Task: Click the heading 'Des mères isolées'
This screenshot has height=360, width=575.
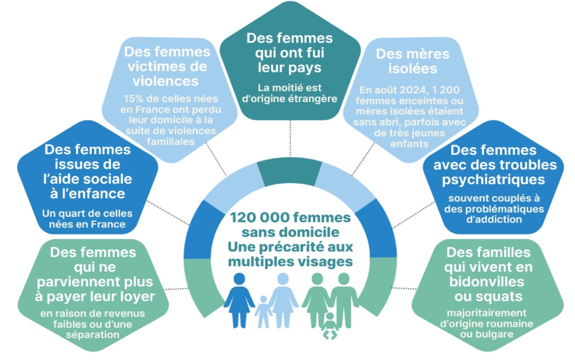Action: point(412,61)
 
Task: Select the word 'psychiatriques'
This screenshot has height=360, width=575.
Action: point(493,179)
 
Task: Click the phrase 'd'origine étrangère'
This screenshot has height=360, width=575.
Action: point(289,99)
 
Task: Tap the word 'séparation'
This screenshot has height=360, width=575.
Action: point(92,335)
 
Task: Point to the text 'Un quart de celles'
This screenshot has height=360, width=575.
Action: point(87,214)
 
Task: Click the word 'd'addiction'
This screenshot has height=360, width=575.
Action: point(494,219)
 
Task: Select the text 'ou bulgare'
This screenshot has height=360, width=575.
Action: point(486,334)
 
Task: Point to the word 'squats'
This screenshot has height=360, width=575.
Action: point(488,297)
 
